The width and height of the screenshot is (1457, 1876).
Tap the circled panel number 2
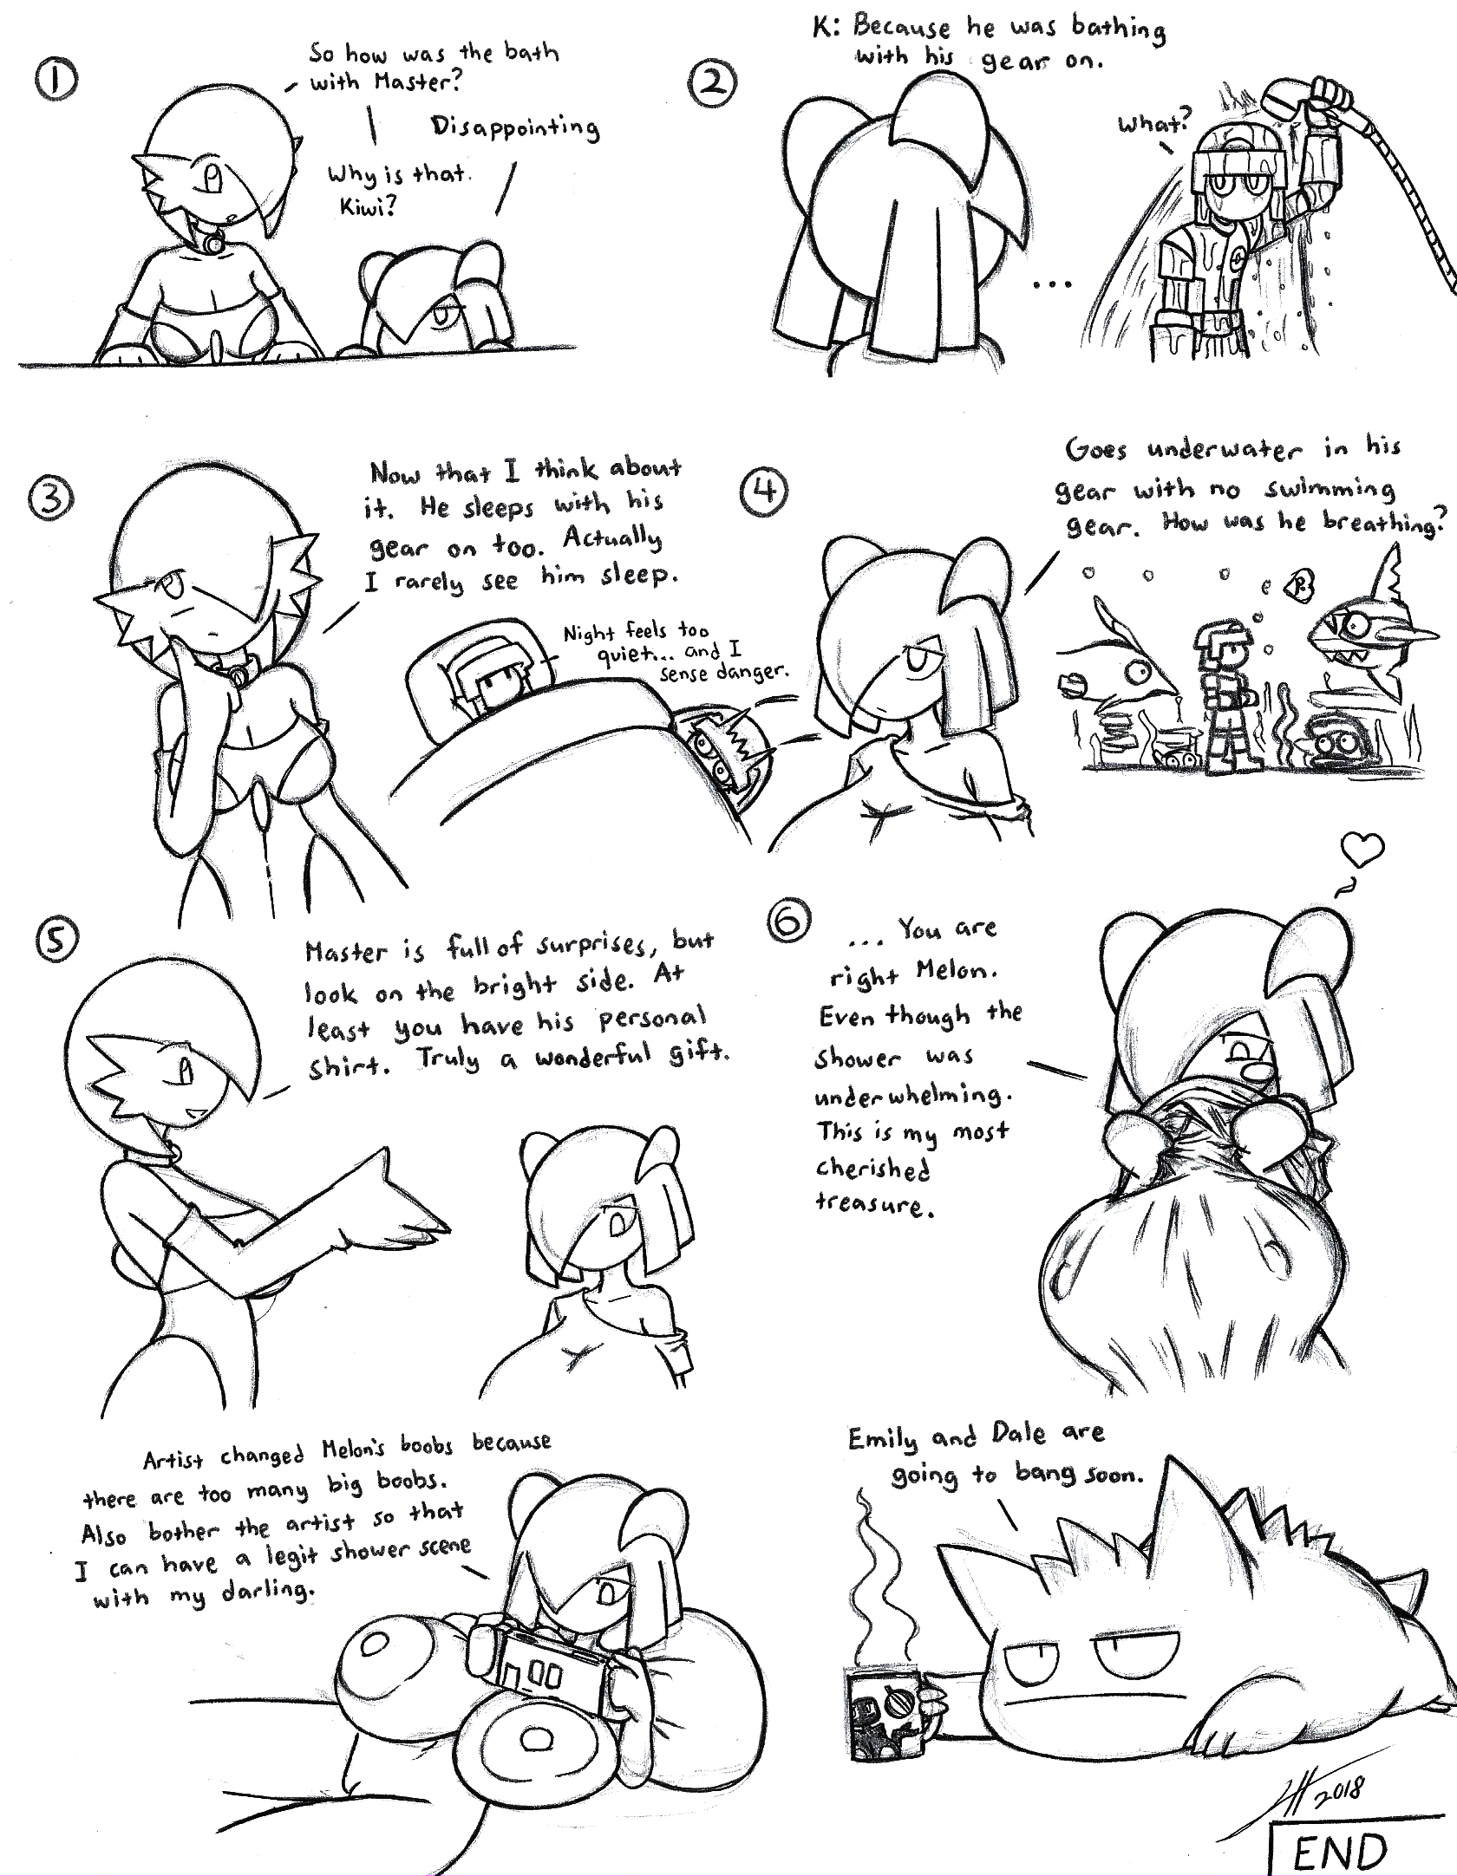point(715,84)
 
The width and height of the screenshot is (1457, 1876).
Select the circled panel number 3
point(49,498)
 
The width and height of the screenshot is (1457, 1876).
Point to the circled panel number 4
point(762,492)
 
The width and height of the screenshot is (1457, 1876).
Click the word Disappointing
point(515,128)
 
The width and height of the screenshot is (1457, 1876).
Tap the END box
point(1339,1845)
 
